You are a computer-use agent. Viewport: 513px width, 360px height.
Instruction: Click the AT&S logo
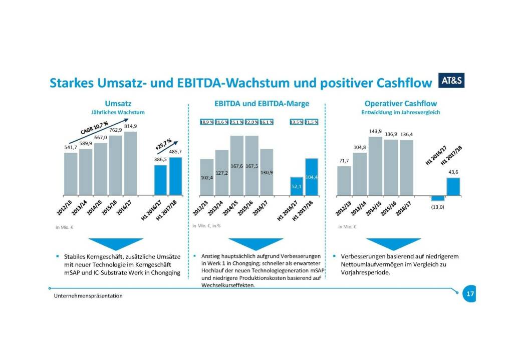click(454, 80)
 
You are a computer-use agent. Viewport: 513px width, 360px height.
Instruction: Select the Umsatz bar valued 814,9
click(131, 163)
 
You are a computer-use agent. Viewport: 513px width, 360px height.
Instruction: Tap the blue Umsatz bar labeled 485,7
click(175, 176)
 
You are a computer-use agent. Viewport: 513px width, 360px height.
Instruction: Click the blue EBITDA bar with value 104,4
click(311, 177)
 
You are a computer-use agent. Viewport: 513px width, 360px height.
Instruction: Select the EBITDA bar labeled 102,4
click(206, 177)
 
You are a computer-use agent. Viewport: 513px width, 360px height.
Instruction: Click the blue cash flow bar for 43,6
click(453, 186)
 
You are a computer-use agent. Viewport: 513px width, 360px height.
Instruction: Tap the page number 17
click(469, 294)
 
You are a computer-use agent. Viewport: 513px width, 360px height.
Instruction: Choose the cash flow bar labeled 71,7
click(344, 180)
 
